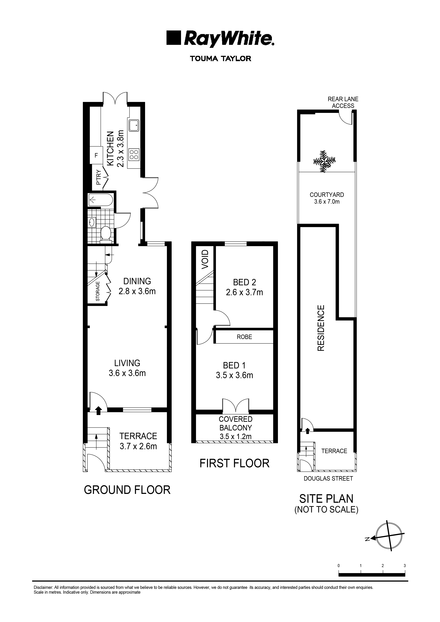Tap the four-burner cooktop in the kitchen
pyautogui.click(x=134, y=155)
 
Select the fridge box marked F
pyautogui.click(x=96, y=155)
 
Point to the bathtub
pyautogui.click(x=100, y=200)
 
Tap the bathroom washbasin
pyautogui.click(x=92, y=222)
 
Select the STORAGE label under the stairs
pyautogui.click(x=98, y=291)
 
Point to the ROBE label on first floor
pyautogui.click(x=244, y=337)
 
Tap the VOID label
pyautogui.click(x=205, y=259)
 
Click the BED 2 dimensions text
pyautogui.click(x=244, y=292)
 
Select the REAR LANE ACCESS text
pyautogui.click(x=343, y=102)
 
